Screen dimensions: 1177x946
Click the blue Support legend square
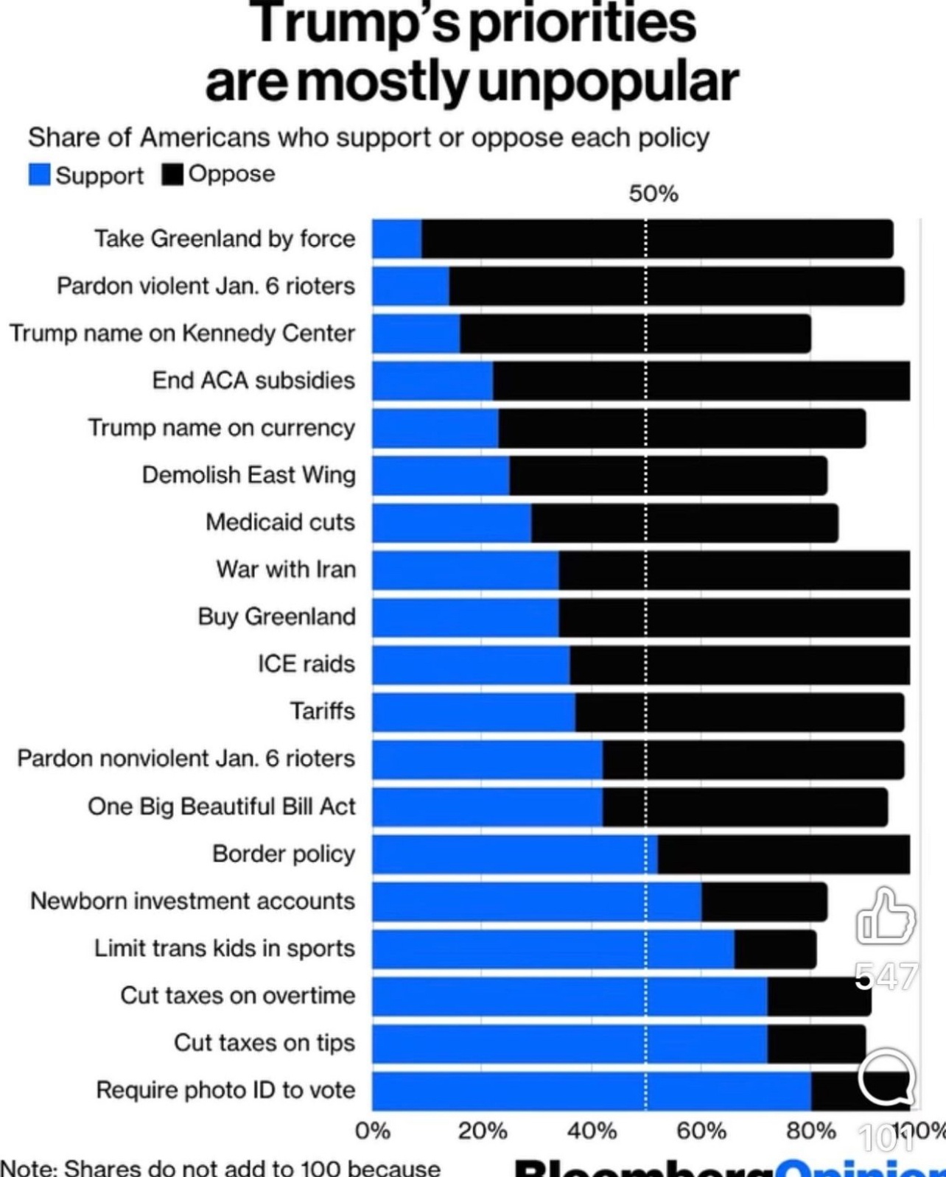coord(39,175)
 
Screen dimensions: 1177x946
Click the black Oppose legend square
coord(172,174)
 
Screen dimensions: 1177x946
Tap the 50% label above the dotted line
coord(653,194)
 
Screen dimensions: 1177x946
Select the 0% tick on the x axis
coord(373,1131)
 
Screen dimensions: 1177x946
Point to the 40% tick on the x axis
coord(592,1131)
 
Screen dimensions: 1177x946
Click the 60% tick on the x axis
coord(701,1131)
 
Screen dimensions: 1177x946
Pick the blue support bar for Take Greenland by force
coord(396,239)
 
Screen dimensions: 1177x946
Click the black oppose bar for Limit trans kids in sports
coord(775,949)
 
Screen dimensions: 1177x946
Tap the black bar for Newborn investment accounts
coord(764,902)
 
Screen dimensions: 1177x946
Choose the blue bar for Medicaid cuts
coord(451,523)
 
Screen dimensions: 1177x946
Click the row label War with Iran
coord(286,569)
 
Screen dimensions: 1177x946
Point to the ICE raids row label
coord(306,664)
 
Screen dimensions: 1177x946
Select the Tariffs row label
coord(322,711)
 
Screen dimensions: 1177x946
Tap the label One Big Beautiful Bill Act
coord(221,807)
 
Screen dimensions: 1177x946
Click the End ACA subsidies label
coord(253,380)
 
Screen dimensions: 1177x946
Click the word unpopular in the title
coord(608,82)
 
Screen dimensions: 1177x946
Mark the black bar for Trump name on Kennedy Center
coord(635,334)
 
